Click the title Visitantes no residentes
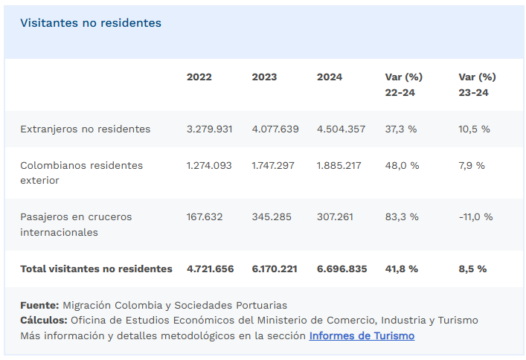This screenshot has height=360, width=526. click(91, 23)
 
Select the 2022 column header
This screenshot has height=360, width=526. click(199, 77)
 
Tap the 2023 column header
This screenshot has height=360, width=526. click(264, 77)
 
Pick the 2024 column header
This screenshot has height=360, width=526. click(330, 77)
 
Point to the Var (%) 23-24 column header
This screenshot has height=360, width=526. click(477, 85)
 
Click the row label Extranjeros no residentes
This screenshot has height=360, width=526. click(86, 129)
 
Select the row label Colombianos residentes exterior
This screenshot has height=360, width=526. click(82, 173)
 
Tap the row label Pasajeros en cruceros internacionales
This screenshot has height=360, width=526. click(76, 225)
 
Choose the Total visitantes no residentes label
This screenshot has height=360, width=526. click(96, 269)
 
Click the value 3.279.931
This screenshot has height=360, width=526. click(210, 129)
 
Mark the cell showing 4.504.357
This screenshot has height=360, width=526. click(341, 129)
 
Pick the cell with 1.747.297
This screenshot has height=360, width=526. click(275, 165)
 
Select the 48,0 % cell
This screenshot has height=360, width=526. click(401, 165)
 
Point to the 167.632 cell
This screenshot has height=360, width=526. click(205, 217)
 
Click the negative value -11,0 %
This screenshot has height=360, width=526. click(476, 217)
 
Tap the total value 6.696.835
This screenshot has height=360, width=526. click(341, 269)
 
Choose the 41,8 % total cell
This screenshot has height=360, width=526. click(401, 269)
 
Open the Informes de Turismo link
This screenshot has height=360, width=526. click(362, 335)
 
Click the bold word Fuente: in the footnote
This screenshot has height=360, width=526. click(39, 305)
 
